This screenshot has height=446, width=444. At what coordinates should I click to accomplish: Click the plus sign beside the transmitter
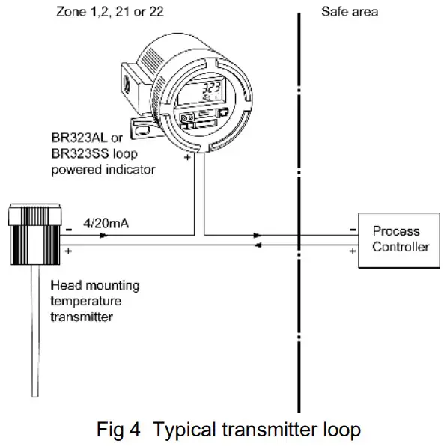68,252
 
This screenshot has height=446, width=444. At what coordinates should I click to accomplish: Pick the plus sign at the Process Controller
352,252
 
